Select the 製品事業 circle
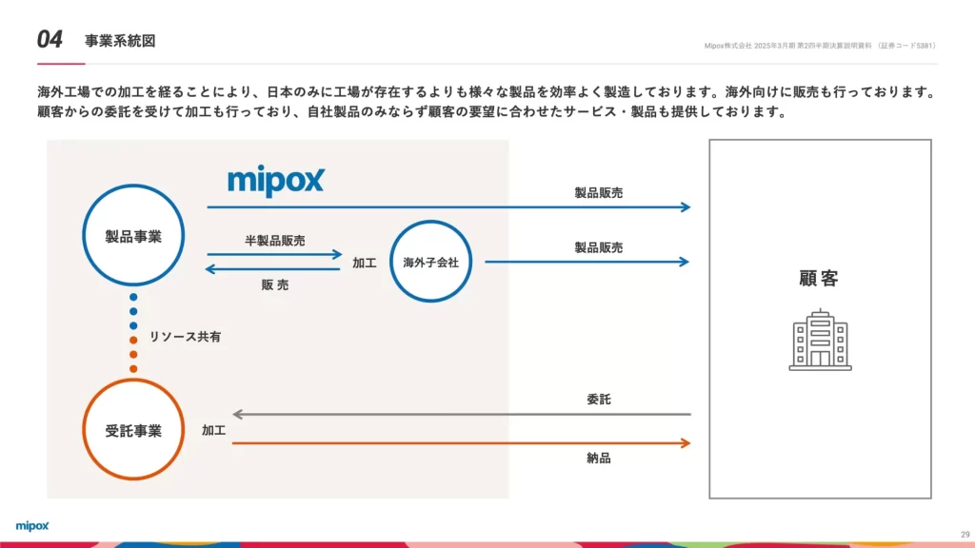[133, 236]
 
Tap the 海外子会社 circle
[431, 262]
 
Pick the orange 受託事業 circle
[133, 430]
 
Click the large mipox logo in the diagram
[276, 181]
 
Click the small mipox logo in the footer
[32, 525]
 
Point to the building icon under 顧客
[820, 340]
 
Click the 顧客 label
[819, 279]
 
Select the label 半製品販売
[275, 241]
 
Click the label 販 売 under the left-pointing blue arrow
[275, 284]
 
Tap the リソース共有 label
[186, 337]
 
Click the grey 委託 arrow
[462, 415]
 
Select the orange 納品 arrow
[462, 443]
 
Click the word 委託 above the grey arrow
[599, 400]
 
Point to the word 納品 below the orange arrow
[599, 459]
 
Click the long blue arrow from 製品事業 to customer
[448, 206]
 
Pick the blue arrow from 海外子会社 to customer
[587, 262]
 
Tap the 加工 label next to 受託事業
[213, 431]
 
